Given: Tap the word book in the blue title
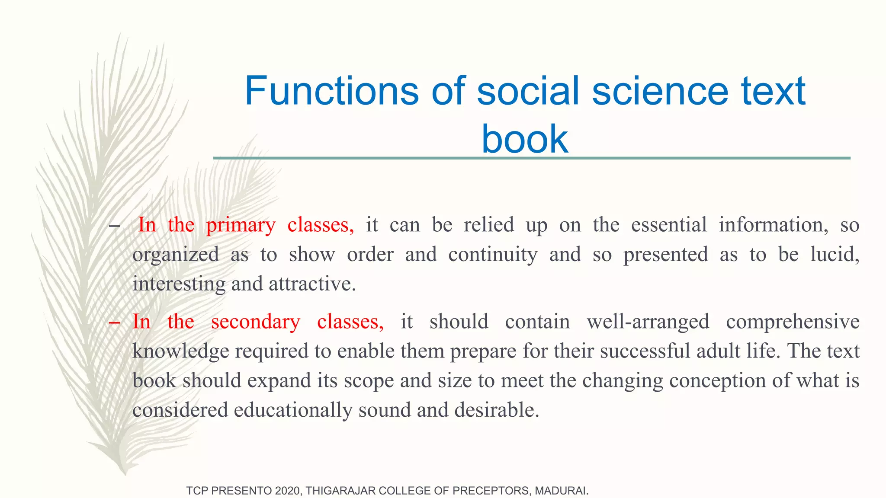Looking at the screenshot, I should (524, 139).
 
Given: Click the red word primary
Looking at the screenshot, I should (241, 225).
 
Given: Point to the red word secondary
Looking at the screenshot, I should (255, 322).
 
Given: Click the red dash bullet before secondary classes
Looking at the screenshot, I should (114, 323).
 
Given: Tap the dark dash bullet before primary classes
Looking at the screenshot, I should (114, 226).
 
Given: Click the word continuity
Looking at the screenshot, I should (493, 255).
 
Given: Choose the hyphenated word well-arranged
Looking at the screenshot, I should (648, 322).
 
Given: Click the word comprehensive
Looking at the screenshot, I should (793, 322).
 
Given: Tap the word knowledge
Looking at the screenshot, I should (180, 351).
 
